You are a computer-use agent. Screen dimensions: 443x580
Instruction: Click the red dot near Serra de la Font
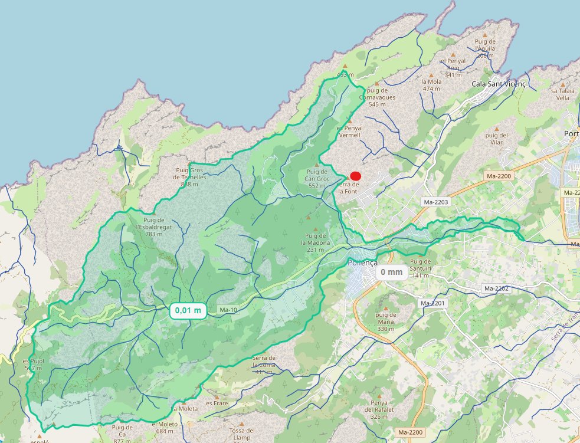pyautogui.click(x=355, y=175)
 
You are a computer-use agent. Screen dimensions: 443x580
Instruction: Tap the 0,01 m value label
pyautogui.click(x=188, y=310)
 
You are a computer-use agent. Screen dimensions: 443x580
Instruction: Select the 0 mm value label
pyautogui.click(x=391, y=272)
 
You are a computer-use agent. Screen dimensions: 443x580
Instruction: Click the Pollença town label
pyautogui.click(x=363, y=263)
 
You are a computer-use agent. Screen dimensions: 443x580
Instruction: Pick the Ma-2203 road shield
pyautogui.click(x=435, y=202)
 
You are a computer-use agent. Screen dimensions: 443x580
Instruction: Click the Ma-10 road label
pyautogui.click(x=227, y=310)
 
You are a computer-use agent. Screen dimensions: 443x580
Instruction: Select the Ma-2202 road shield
pyautogui.click(x=496, y=288)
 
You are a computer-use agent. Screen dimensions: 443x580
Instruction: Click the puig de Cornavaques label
pyautogui.click(x=377, y=97)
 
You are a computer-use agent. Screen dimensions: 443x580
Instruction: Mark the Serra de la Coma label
pyautogui.click(x=264, y=365)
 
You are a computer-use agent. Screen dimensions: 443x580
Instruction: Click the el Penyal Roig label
pyautogui.click(x=453, y=68)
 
